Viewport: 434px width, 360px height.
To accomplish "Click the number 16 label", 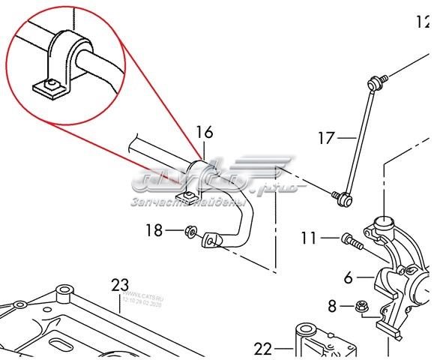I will (x=205, y=133).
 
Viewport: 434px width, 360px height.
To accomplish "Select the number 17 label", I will (x=325, y=137).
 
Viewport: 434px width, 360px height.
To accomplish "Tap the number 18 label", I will (x=154, y=231).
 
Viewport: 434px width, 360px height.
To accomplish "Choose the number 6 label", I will (x=348, y=277).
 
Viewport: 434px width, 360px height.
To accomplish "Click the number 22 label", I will (x=263, y=348).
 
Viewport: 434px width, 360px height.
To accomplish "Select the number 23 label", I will (x=120, y=284).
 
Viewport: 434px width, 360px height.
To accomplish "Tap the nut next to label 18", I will (x=190, y=232).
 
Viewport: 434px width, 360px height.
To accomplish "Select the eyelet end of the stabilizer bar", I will (x=212, y=239).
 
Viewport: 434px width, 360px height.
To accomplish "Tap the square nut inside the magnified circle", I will (x=52, y=88).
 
